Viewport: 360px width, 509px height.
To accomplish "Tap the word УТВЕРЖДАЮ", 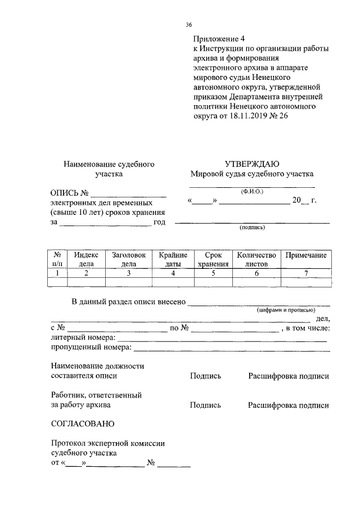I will point(251,164).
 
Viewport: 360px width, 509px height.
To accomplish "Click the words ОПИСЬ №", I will point(70,193).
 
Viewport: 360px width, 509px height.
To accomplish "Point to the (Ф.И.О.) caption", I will point(251,191).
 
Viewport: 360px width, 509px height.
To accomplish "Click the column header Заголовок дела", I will point(129,259).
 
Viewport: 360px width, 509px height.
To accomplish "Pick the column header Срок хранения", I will point(213,259).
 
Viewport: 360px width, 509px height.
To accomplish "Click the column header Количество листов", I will point(256,259).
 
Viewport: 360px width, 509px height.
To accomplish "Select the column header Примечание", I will point(306,255).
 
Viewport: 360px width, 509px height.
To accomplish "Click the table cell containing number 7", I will point(306,273).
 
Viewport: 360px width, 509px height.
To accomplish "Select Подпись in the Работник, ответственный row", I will point(205,404).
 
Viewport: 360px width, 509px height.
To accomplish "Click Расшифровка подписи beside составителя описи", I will point(289,376).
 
